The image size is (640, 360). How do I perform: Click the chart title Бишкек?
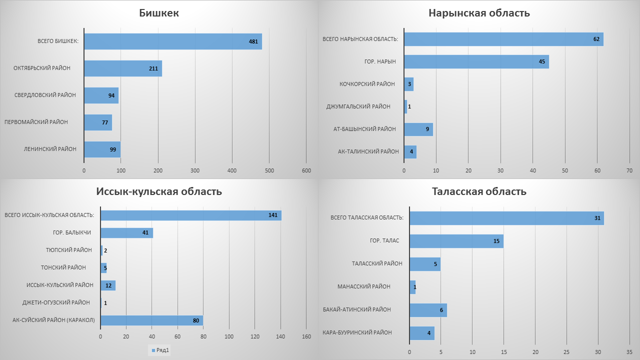pyautogui.click(x=159, y=13)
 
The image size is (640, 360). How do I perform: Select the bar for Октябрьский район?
pyautogui.click(x=122, y=68)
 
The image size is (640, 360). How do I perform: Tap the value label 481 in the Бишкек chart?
pyautogui.click(x=253, y=41)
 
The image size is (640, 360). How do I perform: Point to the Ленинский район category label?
pyautogui.click(x=50, y=149)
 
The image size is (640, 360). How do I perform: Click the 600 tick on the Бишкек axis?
pyautogui.click(x=306, y=171)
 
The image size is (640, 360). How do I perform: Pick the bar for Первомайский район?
pyautogui.click(x=98, y=122)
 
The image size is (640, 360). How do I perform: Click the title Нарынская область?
pyautogui.click(x=479, y=13)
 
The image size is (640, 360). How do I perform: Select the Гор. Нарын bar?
pyautogui.click(x=476, y=61)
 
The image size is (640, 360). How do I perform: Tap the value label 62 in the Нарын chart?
pyautogui.click(x=596, y=39)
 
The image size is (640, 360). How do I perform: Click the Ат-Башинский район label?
pyautogui.click(x=364, y=129)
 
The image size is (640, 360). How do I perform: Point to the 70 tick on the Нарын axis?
pyautogui.click(x=629, y=171)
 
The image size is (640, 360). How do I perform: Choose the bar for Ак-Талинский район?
pyautogui.click(x=410, y=151)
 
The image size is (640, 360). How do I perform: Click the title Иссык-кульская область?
pyautogui.click(x=159, y=191)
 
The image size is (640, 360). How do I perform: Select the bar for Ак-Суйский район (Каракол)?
pyautogui.click(x=151, y=320)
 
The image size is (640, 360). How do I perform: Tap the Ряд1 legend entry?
pyautogui.click(x=160, y=350)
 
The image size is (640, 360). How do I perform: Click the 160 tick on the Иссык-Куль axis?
pyautogui.click(x=306, y=336)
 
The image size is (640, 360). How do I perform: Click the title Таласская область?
pyautogui.click(x=479, y=191)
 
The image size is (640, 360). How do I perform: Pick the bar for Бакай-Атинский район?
pyautogui.click(x=428, y=310)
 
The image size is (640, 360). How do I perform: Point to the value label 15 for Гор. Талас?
pyautogui.click(x=496, y=241)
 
